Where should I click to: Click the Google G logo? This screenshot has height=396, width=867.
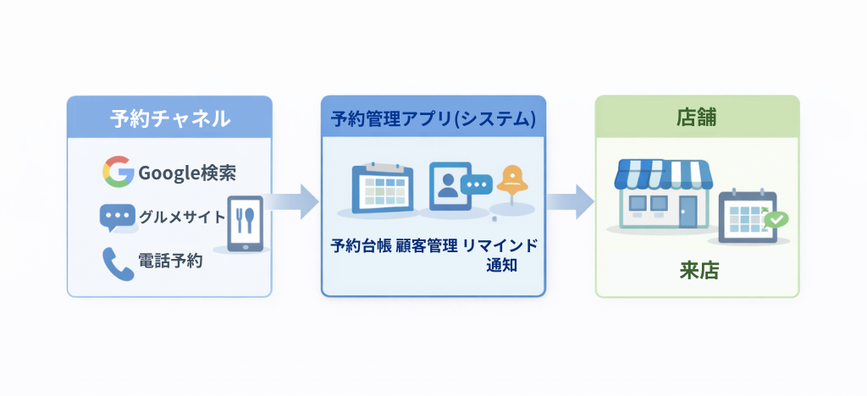click(118, 173)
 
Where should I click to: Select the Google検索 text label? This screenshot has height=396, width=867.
click(187, 173)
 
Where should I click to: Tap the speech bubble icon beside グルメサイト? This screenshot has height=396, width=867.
click(117, 217)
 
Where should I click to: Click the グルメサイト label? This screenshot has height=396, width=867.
click(181, 217)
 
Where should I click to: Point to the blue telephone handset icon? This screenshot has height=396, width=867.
click(118, 262)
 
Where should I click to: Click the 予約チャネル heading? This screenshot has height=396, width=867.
click(169, 119)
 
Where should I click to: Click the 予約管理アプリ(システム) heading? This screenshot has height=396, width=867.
click(433, 119)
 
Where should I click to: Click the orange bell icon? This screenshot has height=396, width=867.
click(513, 180)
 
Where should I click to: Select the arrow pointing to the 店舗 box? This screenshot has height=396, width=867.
click(569, 201)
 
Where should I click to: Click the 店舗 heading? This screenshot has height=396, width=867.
click(697, 118)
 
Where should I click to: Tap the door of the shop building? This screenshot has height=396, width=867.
click(688, 211)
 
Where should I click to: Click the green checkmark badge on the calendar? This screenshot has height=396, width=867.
click(776, 219)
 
